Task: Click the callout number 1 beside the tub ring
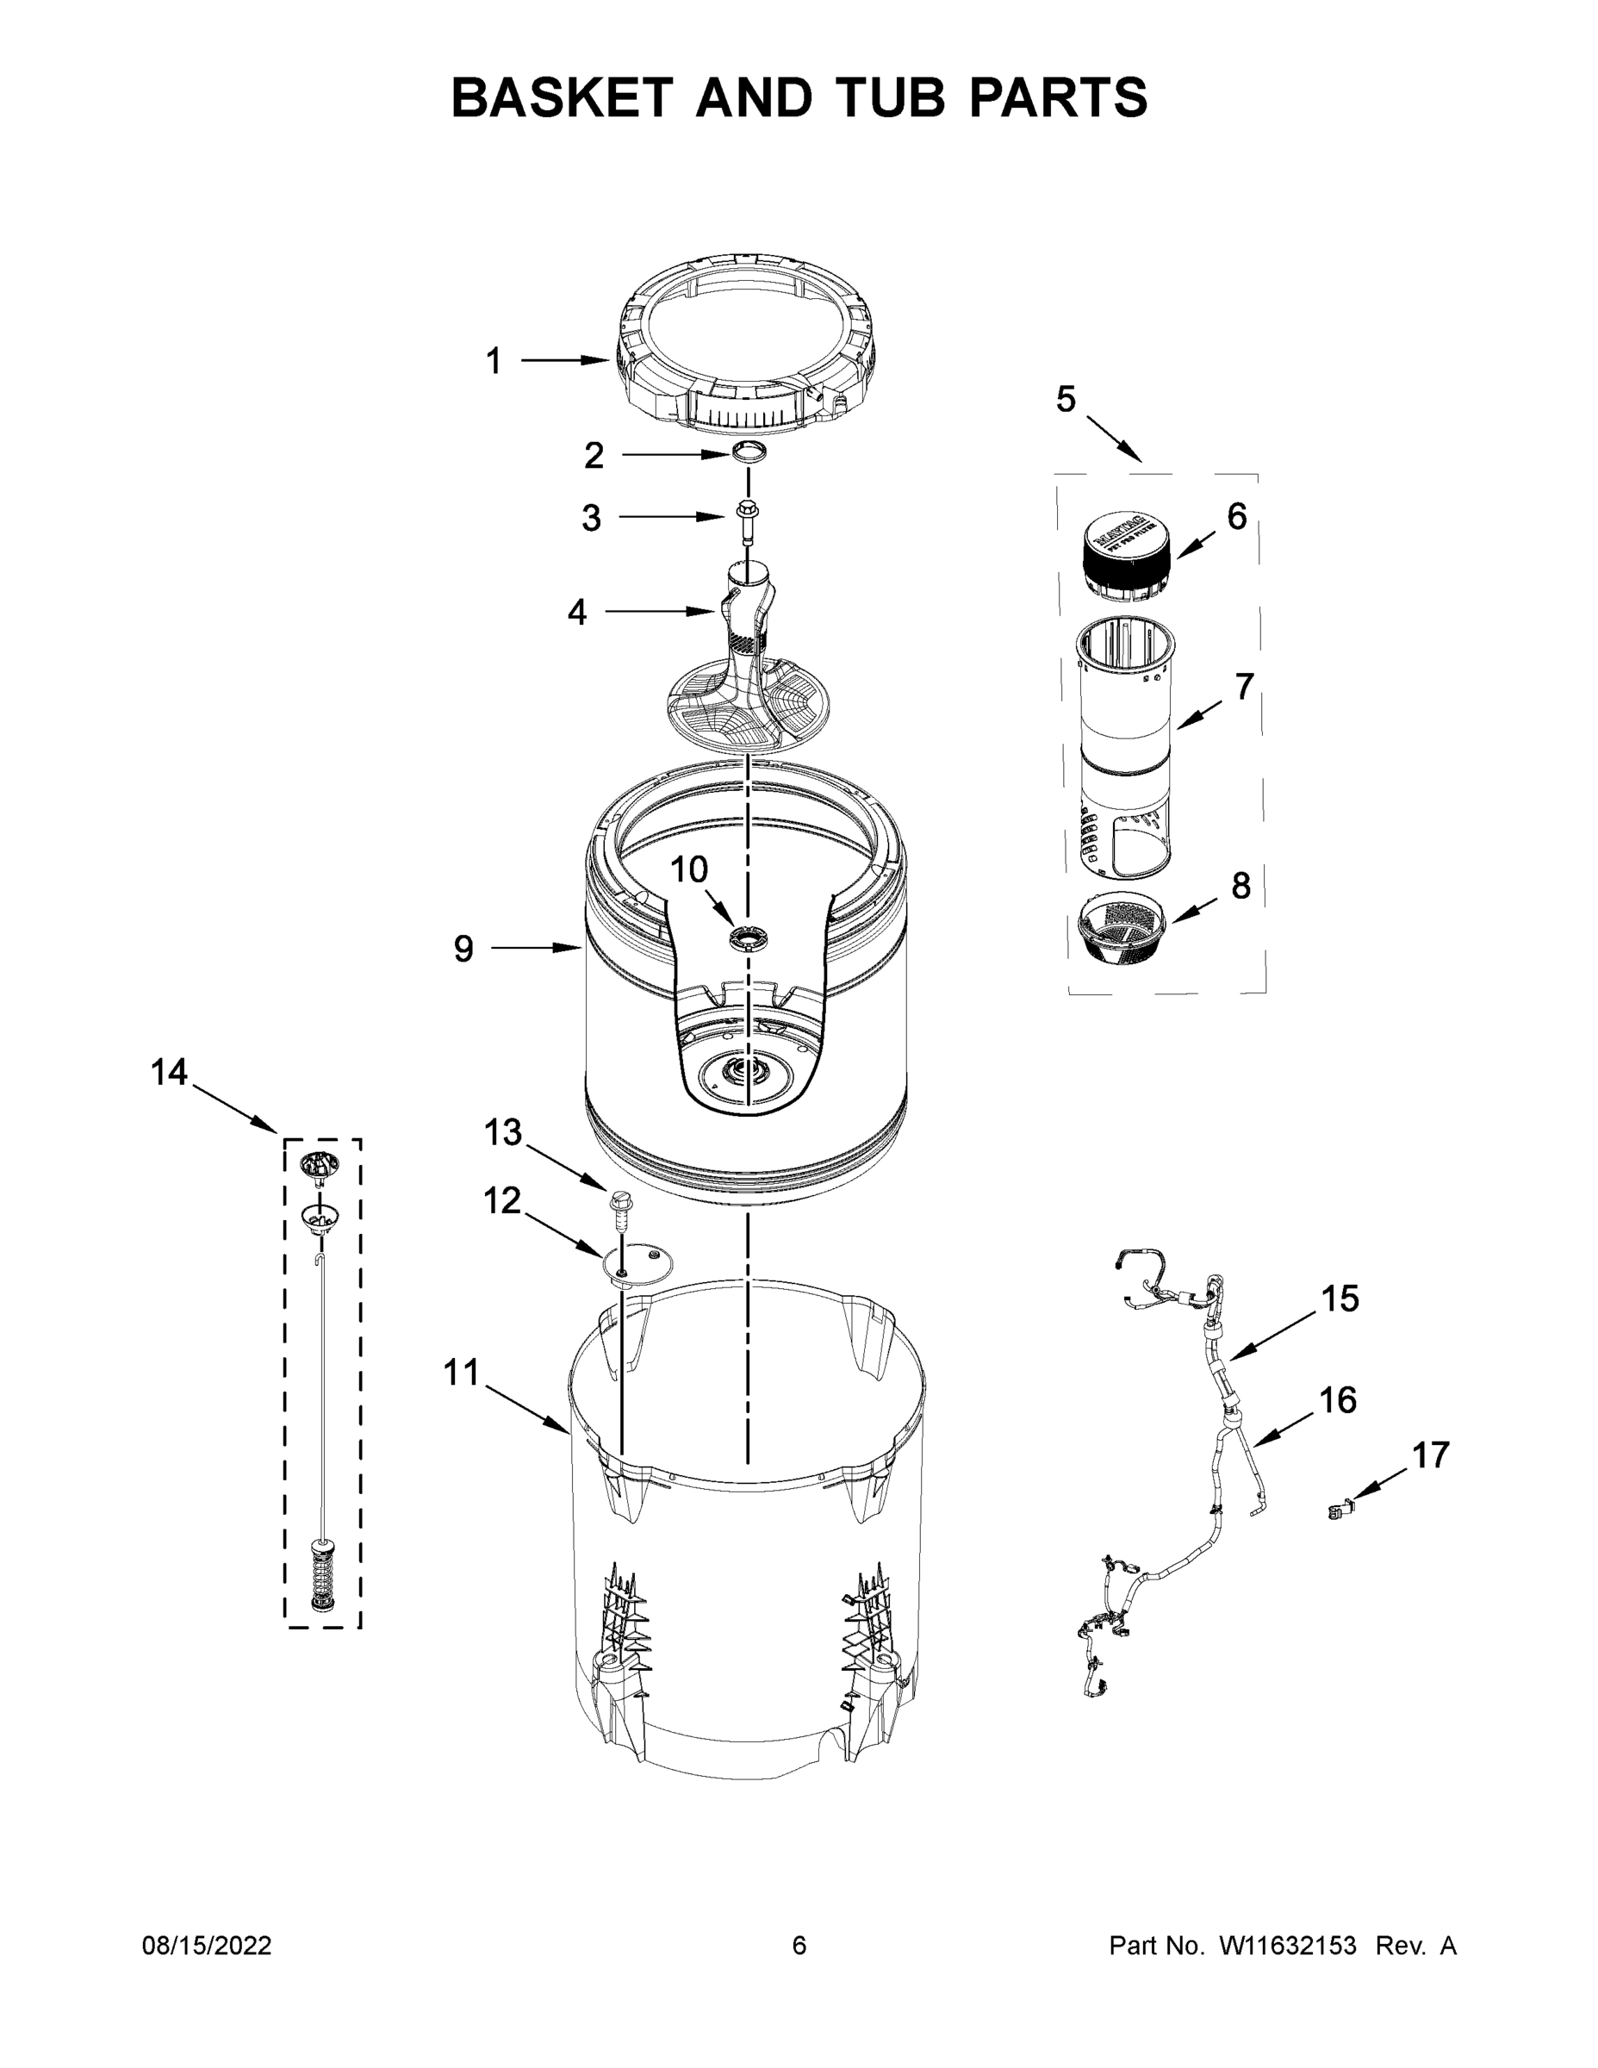494,361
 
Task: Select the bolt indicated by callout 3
746,518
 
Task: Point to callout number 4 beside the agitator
576,613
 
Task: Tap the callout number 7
1243,687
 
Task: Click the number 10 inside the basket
689,869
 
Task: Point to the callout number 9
463,948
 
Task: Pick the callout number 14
170,1073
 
